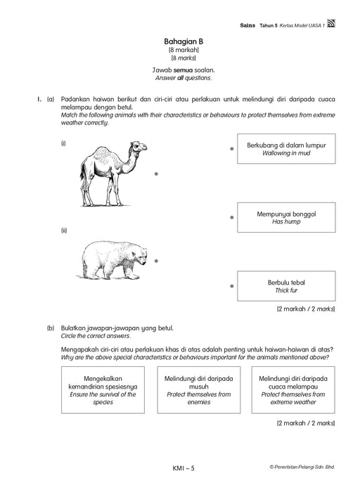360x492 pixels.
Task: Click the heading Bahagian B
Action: click(184, 41)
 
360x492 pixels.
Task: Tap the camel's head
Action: click(139, 147)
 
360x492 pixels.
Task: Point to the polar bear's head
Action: click(140, 255)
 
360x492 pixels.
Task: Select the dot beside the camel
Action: click(156, 174)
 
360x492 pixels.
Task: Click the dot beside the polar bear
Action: click(156, 261)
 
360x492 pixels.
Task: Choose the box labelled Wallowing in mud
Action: click(286, 149)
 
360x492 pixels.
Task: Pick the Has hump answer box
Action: click(286, 217)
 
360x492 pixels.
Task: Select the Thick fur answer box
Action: click(286, 286)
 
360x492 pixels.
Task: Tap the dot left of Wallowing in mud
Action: click(231, 149)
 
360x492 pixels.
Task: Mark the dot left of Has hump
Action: click(231, 217)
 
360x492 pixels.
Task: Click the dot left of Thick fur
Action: click(231, 286)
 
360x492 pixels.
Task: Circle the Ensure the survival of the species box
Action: click(103, 390)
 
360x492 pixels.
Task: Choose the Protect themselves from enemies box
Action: click(199, 390)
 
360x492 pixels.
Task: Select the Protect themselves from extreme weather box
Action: click(293, 390)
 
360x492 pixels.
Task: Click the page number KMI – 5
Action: click(184, 468)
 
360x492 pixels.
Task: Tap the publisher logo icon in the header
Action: click(331, 23)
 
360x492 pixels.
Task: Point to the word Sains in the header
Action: click(247, 25)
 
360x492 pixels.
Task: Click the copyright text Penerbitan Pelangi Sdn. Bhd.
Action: click(302, 467)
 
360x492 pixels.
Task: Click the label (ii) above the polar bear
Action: click(64, 231)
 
